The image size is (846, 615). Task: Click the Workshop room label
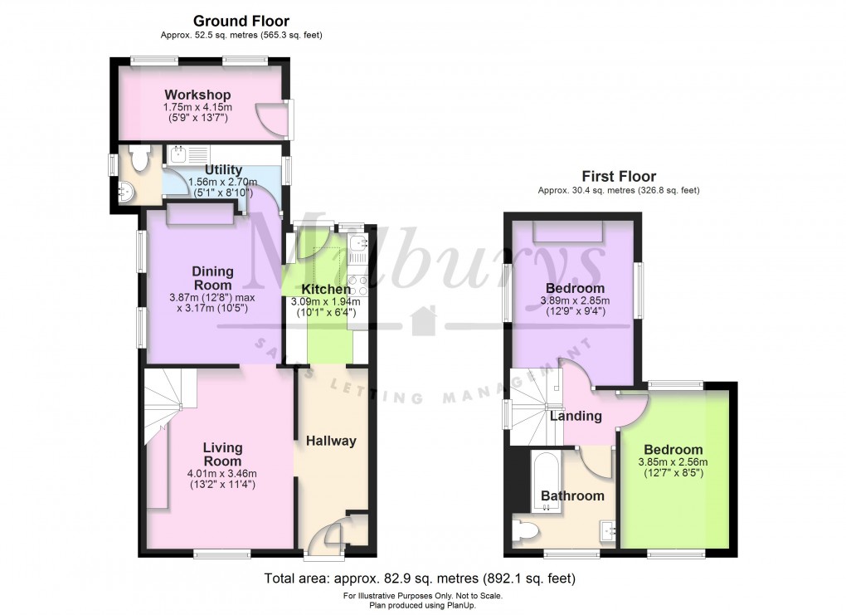click(197, 95)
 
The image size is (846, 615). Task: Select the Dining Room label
click(212, 278)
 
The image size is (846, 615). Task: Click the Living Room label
click(223, 454)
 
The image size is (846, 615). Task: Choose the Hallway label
click(331, 441)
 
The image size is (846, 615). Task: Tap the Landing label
click(576, 416)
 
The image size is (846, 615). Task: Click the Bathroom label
click(572, 496)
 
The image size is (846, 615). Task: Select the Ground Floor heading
click(241, 21)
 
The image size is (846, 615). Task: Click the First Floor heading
click(619, 176)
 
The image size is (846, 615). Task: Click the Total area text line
click(420, 578)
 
